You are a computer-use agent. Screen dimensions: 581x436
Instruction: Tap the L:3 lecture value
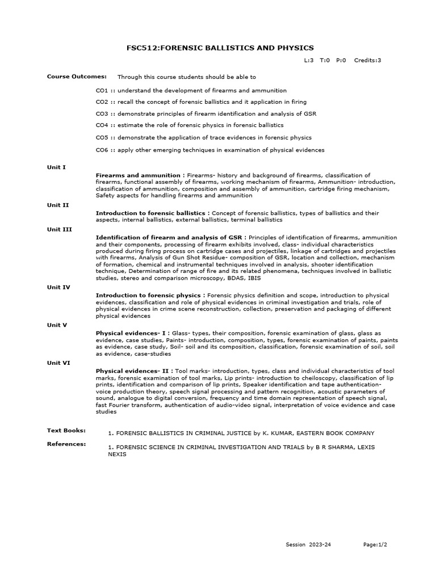coord(309,60)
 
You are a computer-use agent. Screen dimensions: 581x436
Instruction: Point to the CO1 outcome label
coord(102,90)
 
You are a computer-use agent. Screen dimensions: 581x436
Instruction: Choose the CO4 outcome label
coord(102,125)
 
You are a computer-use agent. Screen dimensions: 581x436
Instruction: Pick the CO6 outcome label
coord(102,150)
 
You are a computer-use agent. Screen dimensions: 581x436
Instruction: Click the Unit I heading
coord(56,167)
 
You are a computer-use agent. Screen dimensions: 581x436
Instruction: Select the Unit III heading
coord(59,229)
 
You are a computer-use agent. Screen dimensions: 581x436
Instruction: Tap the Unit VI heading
coord(58,363)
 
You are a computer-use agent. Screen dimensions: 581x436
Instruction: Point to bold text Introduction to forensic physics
coord(150,296)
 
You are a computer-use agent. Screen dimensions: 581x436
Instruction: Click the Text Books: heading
coord(66,431)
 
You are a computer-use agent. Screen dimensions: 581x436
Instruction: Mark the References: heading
coord(66,444)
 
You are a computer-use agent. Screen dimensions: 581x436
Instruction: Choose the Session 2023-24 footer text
coord(308,545)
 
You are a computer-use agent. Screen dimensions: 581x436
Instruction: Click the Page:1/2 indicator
coord(375,545)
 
